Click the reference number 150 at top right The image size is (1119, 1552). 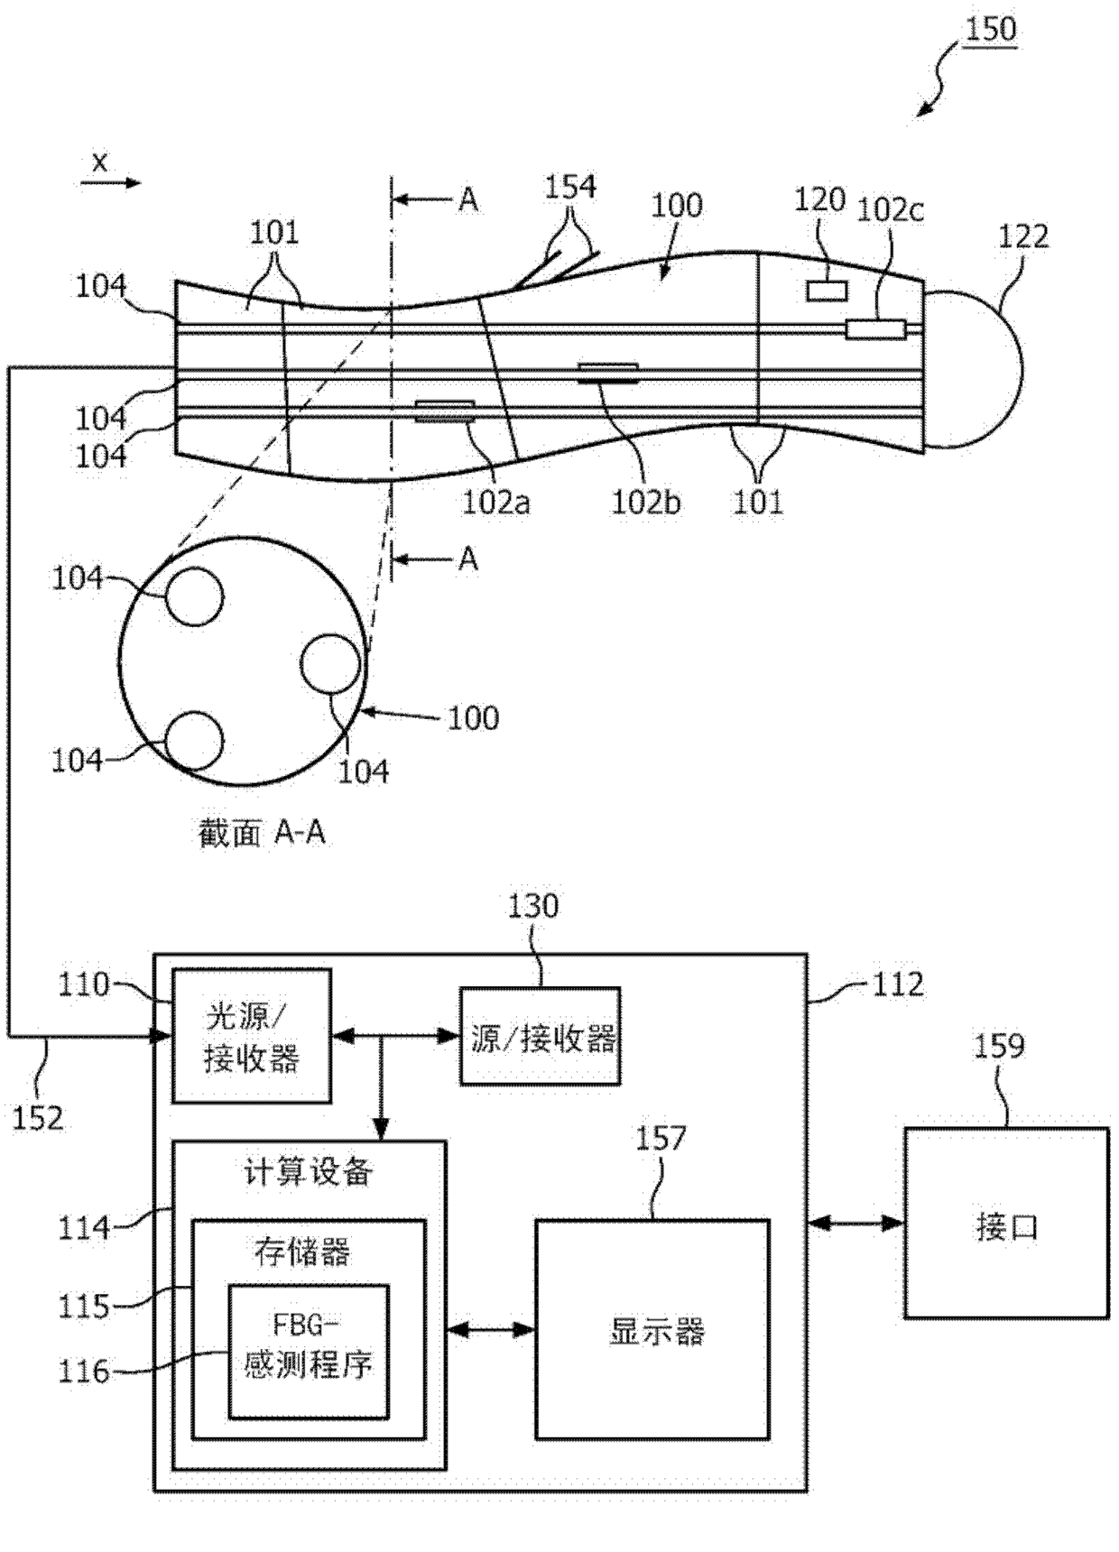[990, 29]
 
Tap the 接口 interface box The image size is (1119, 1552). [1006, 1223]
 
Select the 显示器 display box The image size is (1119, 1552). [652, 1329]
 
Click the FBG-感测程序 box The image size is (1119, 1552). [309, 1351]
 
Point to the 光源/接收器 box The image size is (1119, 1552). [252, 1036]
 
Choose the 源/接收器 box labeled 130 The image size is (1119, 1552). [541, 1036]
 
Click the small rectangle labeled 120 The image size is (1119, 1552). [827, 291]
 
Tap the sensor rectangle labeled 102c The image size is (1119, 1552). [875, 329]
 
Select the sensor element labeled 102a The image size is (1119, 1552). [444, 411]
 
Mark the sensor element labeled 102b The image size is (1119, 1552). [608, 373]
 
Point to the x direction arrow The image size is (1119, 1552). [111, 183]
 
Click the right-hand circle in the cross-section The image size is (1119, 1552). [330, 664]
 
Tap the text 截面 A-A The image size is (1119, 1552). [262, 832]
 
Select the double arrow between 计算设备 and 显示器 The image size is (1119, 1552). [491, 1328]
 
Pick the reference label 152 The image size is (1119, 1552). [38, 1118]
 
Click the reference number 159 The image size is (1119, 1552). [999, 1046]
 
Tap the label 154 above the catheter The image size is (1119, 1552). [570, 187]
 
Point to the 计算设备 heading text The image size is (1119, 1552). [309, 1172]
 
